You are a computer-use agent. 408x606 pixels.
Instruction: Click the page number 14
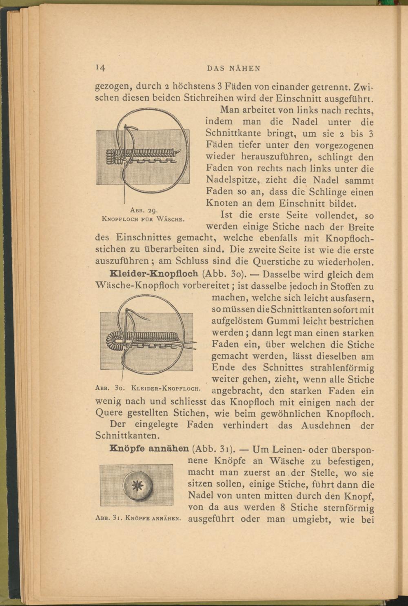(100, 68)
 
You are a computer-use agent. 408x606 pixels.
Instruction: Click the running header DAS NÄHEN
(233, 69)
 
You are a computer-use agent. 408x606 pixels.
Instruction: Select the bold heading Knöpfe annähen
(149, 449)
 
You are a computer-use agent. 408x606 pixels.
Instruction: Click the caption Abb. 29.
(141, 211)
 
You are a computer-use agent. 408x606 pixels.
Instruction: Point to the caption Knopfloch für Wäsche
(143, 219)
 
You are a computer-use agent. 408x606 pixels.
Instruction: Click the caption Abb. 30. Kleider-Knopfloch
(147, 387)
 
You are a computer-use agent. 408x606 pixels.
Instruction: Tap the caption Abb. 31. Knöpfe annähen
(138, 519)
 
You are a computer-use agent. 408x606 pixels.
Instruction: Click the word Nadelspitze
(233, 180)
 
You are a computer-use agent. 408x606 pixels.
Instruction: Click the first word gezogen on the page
(113, 87)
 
